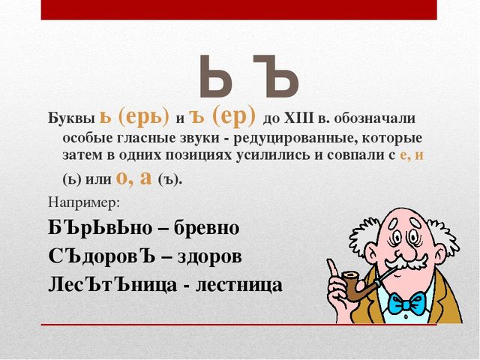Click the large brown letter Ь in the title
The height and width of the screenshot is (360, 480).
[217, 76]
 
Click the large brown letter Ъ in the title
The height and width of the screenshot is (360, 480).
[276, 76]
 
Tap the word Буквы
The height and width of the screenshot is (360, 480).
[71, 118]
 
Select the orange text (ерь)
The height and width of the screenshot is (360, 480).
[143, 116]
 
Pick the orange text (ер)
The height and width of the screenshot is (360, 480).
[234, 116]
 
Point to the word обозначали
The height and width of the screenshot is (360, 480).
[374, 118]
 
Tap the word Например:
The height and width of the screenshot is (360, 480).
[83, 203]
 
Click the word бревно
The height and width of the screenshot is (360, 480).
[207, 227]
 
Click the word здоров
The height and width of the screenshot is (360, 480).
[209, 256]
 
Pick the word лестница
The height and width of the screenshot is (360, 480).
[239, 285]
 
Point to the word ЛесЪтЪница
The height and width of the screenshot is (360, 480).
[112, 284]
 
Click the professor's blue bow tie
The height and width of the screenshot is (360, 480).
[406, 303]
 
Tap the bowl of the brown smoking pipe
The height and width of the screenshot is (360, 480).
[352, 283]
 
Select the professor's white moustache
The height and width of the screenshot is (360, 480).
[406, 262]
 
